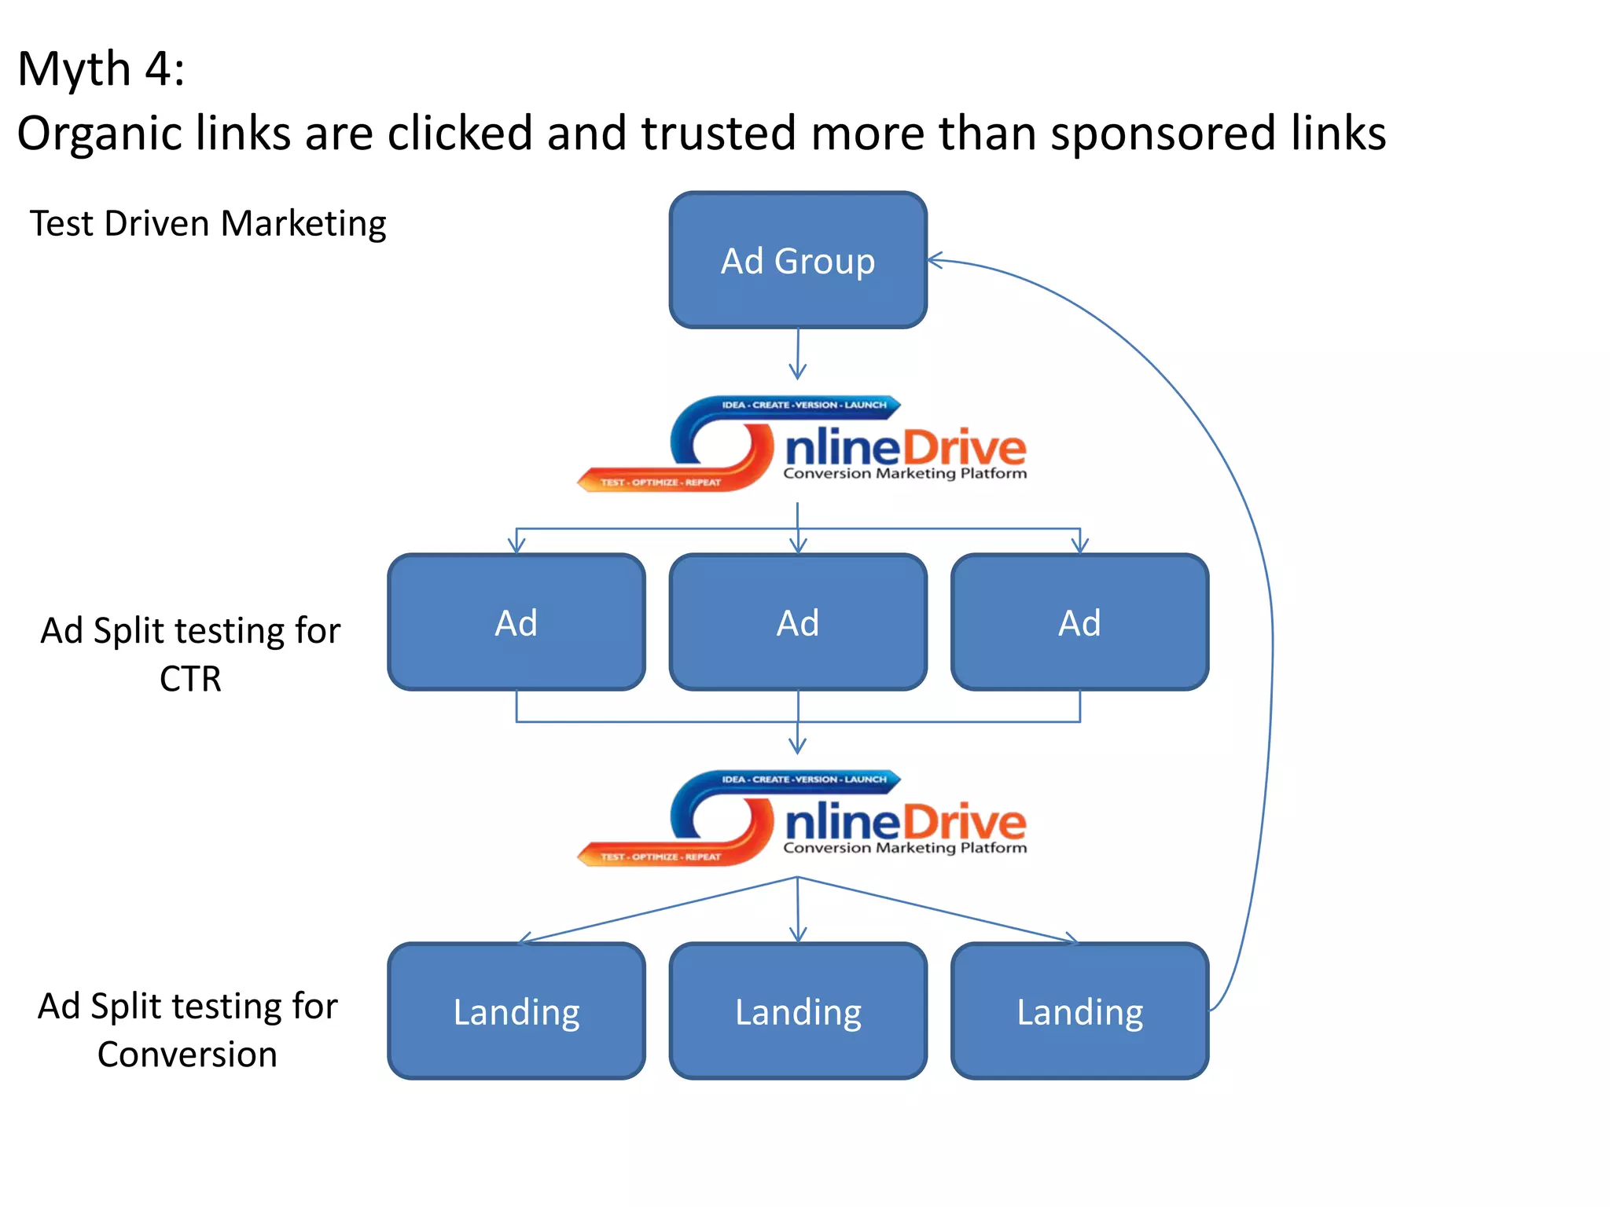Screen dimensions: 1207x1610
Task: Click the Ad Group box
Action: click(x=798, y=260)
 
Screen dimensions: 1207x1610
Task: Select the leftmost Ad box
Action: click(x=516, y=622)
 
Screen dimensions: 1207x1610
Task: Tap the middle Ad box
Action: click(x=798, y=622)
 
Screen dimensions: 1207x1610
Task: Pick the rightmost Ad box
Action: click(x=1079, y=622)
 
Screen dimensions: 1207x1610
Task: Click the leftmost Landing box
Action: click(x=516, y=1011)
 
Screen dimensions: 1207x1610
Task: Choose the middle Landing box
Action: click(x=798, y=1011)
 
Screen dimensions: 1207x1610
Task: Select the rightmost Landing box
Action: click(x=1079, y=1011)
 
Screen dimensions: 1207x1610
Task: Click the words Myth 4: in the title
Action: click(x=101, y=69)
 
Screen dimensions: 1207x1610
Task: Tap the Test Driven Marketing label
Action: click(x=208, y=224)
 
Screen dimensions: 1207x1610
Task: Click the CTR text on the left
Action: click(x=190, y=679)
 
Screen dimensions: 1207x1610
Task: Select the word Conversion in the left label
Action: click(x=187, y=1055)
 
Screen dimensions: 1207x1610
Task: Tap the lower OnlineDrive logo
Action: click(x=802, y=820)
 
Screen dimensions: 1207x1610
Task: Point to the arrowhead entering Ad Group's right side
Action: click(x=934, y=261)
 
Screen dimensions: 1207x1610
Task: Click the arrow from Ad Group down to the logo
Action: click(x=798, y=354)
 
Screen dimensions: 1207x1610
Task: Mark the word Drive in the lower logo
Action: click(x=964, y=824)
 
